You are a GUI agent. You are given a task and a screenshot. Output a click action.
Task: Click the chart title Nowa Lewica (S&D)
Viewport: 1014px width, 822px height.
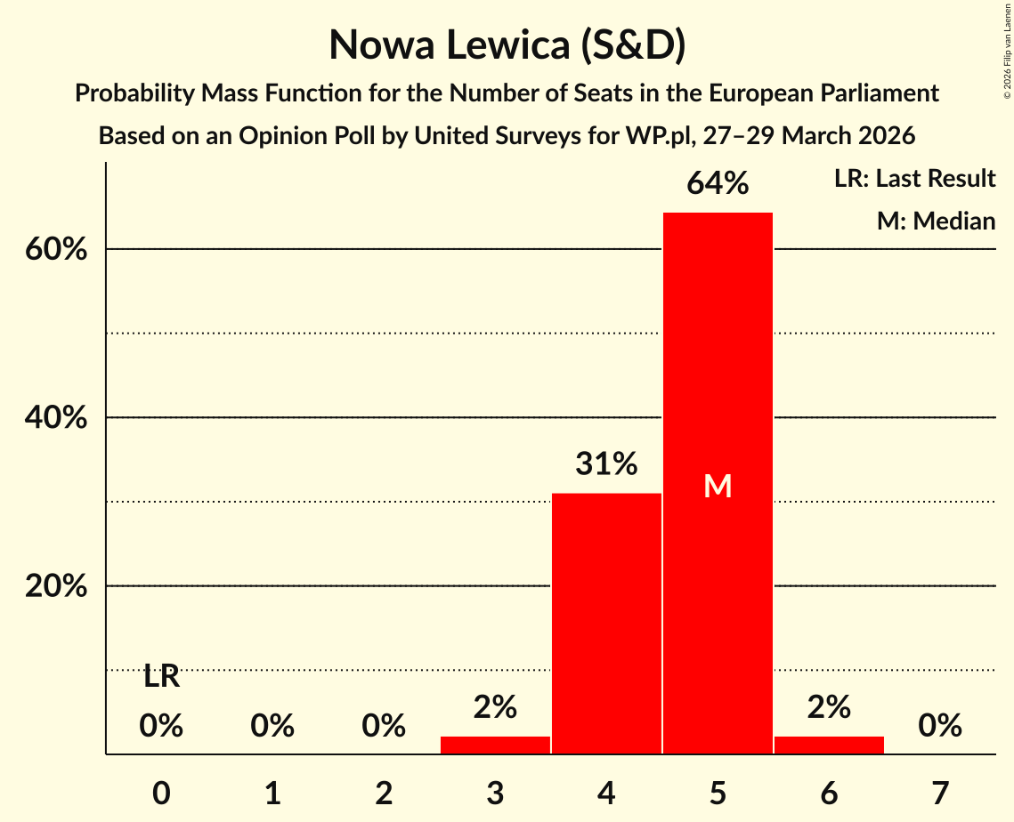click(x=507, y=45)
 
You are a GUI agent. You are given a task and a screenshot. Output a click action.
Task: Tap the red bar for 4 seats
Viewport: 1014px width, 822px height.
click(x=606, y=623)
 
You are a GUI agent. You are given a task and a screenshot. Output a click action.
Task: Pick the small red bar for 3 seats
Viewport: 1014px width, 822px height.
click(x=495, y=745)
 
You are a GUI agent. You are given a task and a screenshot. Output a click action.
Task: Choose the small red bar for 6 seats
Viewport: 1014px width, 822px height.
click(x=829, y=745)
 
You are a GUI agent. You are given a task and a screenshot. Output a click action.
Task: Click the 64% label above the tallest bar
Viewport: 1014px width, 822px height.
click(x=718, y=184)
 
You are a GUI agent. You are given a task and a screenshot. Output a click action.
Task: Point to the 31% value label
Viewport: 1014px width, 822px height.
click(x=606, y=463)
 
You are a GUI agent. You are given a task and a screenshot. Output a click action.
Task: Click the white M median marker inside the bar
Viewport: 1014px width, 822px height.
click(x=718, y=486)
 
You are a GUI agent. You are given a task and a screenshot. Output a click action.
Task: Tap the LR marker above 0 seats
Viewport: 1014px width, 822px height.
click(x=161, y=677)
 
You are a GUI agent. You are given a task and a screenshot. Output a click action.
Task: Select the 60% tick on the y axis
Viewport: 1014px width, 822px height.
click(x=56, y=250)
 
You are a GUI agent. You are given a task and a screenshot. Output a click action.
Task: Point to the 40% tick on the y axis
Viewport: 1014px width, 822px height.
click(x=56, y=418)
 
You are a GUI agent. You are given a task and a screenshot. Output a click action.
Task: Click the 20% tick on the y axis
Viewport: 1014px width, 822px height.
click(x=56, y=587)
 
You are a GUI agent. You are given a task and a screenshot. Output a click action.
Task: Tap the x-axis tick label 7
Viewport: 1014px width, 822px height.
click(x=940, y=792)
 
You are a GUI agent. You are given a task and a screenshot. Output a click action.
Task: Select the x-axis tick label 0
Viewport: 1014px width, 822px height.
click(x=161, y=792)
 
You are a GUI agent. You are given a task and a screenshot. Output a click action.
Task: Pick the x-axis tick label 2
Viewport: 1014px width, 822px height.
click(x=384, y=792)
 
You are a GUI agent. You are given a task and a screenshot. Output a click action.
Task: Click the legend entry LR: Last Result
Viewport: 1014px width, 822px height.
click(x=914, y=179)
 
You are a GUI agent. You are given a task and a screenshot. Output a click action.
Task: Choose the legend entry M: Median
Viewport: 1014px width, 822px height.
click(x=936, y=221)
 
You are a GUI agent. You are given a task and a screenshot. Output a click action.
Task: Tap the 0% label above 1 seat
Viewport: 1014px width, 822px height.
click(x=272, y=727)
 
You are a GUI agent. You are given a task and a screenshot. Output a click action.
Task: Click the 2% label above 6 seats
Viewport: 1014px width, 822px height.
click(x=829, y=707)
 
